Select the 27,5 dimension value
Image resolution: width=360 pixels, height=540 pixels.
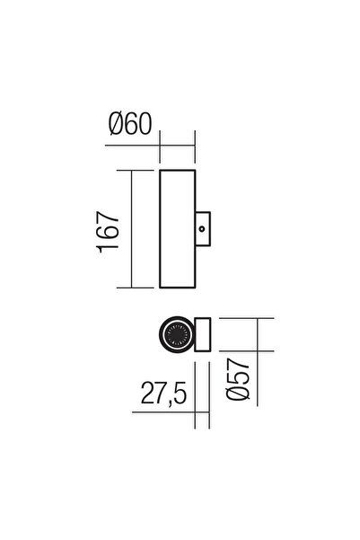pos(162,393)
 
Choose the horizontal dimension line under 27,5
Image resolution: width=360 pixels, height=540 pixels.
pos(171,412)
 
